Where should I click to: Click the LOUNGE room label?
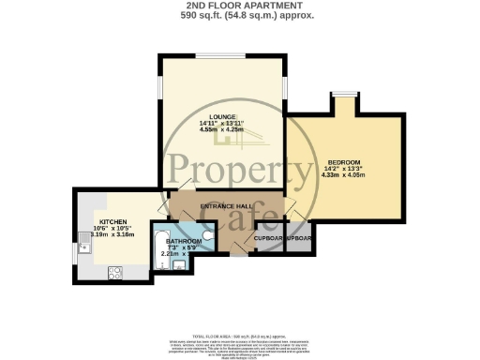(x=223, y=117)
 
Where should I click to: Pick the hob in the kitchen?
(x=115, y=273)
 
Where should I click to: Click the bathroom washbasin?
(x=178, y=266)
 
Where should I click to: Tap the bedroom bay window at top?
(x=346, y=94)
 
